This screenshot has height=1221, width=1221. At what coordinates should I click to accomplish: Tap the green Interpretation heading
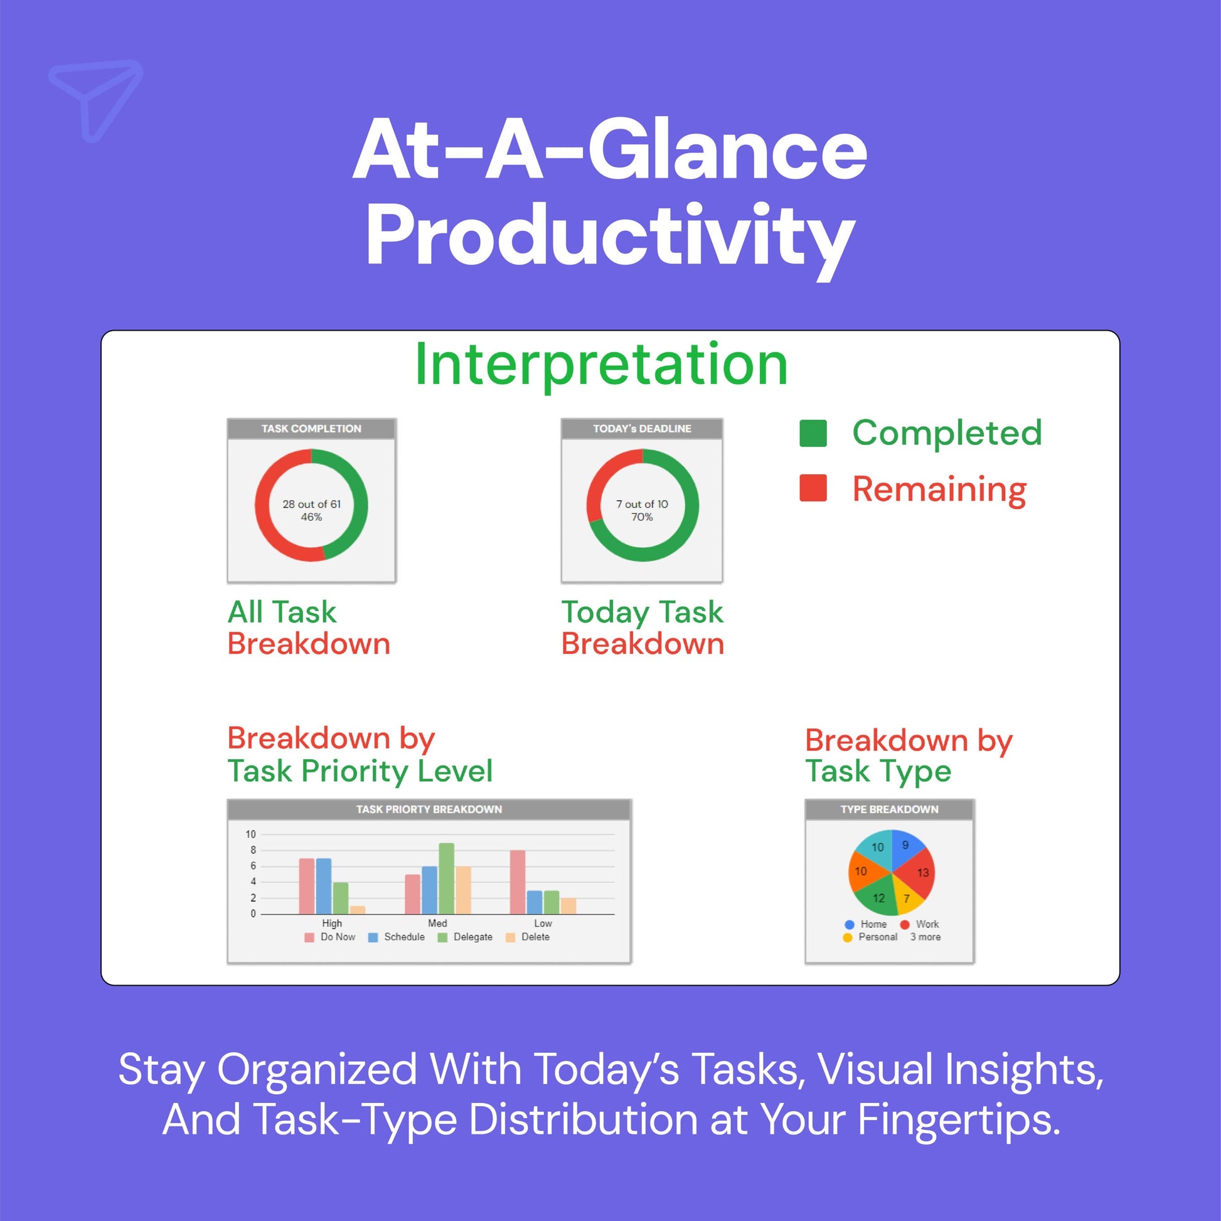(601, 365)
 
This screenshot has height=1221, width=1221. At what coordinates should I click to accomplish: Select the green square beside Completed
(813, 433)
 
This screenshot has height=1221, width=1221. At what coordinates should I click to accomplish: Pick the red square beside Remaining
(813, 488)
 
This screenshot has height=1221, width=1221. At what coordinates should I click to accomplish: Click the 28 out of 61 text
(312, 504)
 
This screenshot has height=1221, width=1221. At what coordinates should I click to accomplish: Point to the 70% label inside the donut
(641, 517)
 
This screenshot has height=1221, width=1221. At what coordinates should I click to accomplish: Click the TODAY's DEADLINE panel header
(641, 429)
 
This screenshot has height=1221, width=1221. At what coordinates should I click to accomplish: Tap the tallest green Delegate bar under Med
(446, 878)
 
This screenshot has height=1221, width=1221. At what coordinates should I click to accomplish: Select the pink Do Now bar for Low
(518, 882)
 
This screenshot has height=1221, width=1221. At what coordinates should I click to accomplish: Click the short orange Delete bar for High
(358, 909)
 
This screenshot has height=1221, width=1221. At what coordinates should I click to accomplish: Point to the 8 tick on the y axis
(252, 850)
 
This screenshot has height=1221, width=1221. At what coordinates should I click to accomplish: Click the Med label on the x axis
(437, 923)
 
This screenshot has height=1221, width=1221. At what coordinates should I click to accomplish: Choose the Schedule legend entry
(397, 937)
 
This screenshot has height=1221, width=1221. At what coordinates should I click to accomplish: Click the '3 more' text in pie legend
(925, 937)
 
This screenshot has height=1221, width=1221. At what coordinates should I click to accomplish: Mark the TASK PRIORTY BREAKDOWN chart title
(429, 809)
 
